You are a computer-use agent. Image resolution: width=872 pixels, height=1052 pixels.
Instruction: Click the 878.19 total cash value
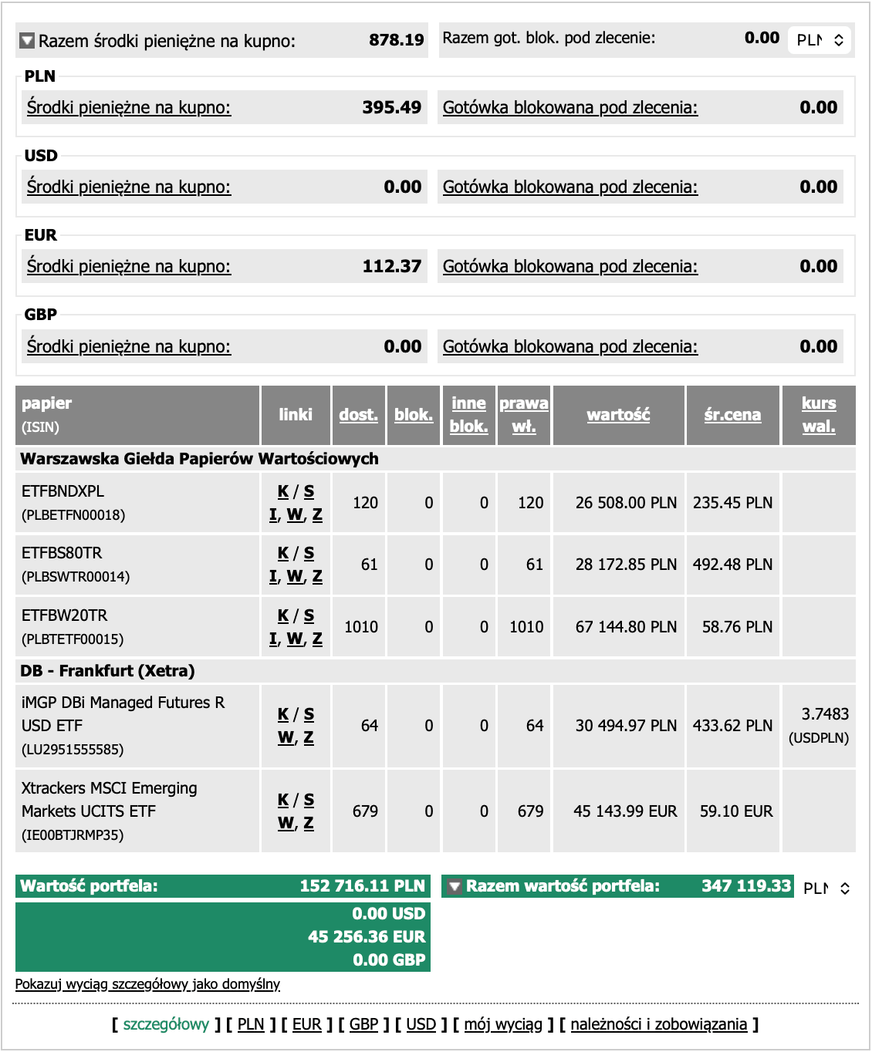coord(396,40)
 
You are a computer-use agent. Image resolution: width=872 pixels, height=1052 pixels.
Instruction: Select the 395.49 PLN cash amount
coord(391,107)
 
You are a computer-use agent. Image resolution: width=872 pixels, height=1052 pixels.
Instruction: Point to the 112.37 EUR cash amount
coord(391,266)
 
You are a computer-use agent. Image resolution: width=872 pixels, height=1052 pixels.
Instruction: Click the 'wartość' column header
coord(618,415)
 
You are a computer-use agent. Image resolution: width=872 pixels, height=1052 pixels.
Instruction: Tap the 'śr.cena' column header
coord(732,415)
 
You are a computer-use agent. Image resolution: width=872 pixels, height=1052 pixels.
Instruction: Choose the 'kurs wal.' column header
coord(819,415)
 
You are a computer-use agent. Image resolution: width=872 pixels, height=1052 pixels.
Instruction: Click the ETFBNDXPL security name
coord(63,491)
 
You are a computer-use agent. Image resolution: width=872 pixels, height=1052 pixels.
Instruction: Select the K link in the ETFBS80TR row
coord(282,553)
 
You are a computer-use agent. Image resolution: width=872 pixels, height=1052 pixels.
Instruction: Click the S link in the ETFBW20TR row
coord(309,615)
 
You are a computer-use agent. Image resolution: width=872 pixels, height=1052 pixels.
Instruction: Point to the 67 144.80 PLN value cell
coord(626,627)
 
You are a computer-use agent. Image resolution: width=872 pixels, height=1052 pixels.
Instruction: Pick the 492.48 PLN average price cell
coord(732,565)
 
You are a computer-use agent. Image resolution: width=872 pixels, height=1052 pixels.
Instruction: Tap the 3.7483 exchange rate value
coord(825,714)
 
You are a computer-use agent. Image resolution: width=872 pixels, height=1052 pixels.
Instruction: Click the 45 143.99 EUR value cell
coord(625,811)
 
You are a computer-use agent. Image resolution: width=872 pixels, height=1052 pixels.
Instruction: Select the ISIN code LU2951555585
coord(73,749)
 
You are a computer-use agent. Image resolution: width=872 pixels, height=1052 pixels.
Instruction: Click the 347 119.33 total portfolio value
coord(746,886)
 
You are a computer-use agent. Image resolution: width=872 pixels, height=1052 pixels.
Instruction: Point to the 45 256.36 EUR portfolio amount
coord(367,936)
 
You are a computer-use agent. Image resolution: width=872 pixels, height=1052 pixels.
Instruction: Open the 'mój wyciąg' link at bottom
coord(503,1024)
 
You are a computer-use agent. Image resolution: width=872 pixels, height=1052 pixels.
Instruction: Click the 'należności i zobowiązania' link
coord(659,1024)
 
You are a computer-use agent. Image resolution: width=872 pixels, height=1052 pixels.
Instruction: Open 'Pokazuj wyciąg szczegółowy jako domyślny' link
coord(147,984)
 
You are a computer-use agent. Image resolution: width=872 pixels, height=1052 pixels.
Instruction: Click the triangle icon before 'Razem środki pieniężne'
coord(27,40)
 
